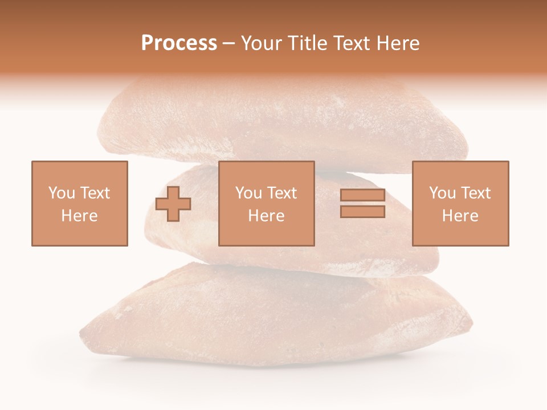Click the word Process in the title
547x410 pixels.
pyautogui.click(x=179, y=43)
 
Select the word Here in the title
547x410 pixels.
pyautogui.click(x=397, y=43)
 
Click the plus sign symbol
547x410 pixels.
pyautogui.click(x=173, y=204)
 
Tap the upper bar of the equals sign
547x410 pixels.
pyautogui.click(x=362, y=195)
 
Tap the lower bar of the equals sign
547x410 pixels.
pyautogui.click(x=362, y=211)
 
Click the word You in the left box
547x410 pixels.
pyautogui.click(x=62, y=193)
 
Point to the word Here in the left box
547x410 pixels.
pyautogui.click(x=79, y=216)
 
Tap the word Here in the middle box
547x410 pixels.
pyautogui.click(x=266, y=216)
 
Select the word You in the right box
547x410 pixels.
pyautogui.click(x=442, y=193)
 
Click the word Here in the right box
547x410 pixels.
pyautogui.click(x=460, y=216)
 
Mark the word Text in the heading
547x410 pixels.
pyautogui.click(x=349, y=43)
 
